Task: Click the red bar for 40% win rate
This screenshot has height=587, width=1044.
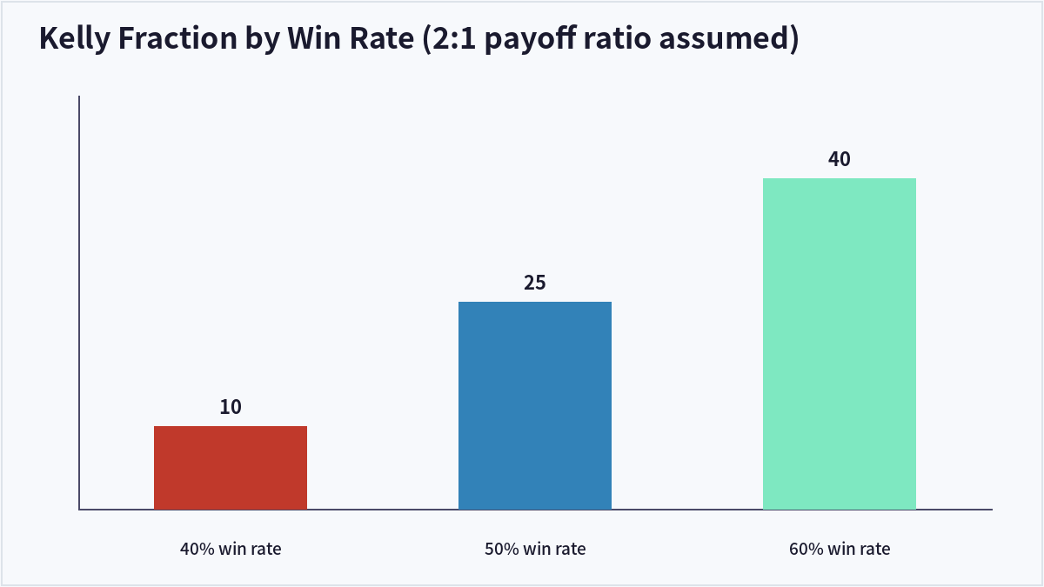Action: click(231, 468)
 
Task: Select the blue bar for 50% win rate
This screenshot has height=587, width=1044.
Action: click(535, 406)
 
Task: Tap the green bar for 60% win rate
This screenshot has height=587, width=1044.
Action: click(840, 344)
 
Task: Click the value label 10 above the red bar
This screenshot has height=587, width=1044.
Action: click(231, 407)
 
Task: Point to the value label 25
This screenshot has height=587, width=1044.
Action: click(534, 283)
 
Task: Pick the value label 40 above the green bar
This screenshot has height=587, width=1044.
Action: click(840, 159)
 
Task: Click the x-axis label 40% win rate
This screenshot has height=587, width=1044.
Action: click(231, 549)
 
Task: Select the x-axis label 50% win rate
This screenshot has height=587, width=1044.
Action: click(535, 549)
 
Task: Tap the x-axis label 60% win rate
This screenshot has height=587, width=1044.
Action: click(840, 549)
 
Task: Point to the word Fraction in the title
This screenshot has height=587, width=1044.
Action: click(177, 37)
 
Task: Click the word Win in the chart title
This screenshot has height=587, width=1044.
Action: click(314, 37)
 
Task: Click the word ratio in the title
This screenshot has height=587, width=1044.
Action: click(617, 37)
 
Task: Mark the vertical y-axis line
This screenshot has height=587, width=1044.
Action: click(79, 303)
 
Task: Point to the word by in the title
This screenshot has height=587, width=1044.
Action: click(263, 39)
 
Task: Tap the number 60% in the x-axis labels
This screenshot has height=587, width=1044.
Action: click(806, 549)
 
